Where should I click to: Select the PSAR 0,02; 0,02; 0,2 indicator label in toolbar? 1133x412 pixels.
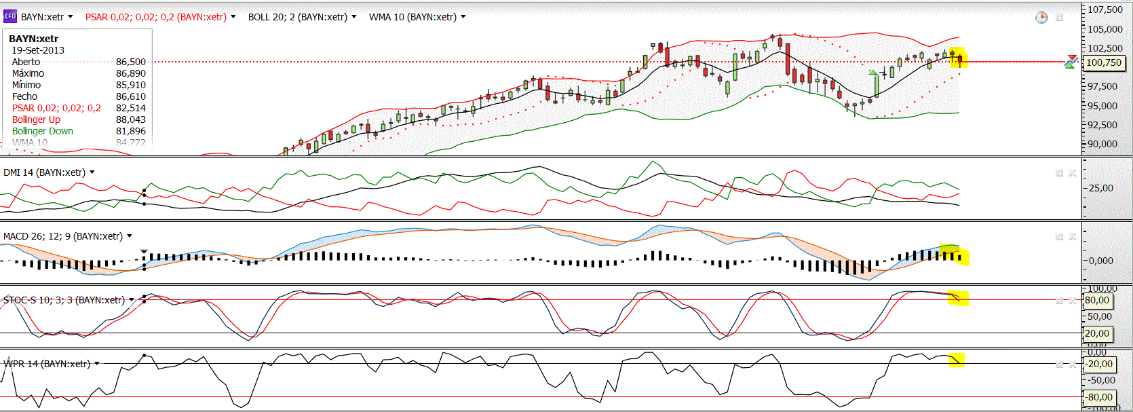tap(155, 17)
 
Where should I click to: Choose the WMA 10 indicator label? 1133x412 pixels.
tap(412, 17)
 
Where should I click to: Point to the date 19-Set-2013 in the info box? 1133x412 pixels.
tap(38, 50)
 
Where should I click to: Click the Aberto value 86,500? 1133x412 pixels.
tap(131, 62)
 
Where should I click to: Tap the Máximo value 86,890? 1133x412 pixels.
tap(131, 73)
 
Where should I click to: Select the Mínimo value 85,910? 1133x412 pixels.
tap(131, 85)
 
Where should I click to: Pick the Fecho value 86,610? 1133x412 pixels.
tap(131, 96)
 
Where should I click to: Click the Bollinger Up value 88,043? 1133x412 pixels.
tap(131, 119)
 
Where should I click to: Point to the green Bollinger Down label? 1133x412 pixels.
tap(43, 131)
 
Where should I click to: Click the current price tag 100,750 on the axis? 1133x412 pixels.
tap(1104, 62)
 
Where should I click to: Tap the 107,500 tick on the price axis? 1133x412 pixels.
tap(1105, 10)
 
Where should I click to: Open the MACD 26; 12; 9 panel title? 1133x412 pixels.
tap(62, 236)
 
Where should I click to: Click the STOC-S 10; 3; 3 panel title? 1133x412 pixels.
tap(64, 300)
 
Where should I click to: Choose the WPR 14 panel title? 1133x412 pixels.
tap(46, 364)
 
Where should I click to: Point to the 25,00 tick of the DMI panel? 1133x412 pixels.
tap(1101, 188)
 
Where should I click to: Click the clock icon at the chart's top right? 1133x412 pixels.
tap(1041, 17)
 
